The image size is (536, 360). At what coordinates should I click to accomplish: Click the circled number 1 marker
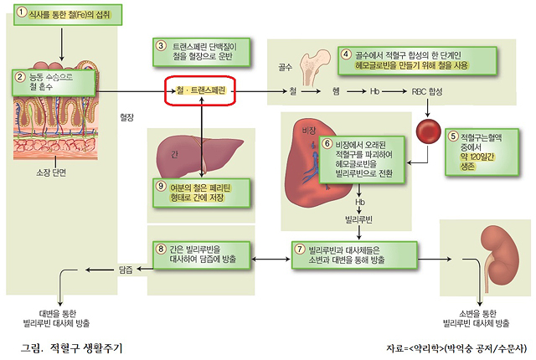22,13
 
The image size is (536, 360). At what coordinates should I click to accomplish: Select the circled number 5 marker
453,137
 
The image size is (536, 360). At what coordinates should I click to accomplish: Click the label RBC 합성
429,89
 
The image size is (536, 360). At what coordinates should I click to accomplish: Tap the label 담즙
126,270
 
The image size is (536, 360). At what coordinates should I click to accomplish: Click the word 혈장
127,117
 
